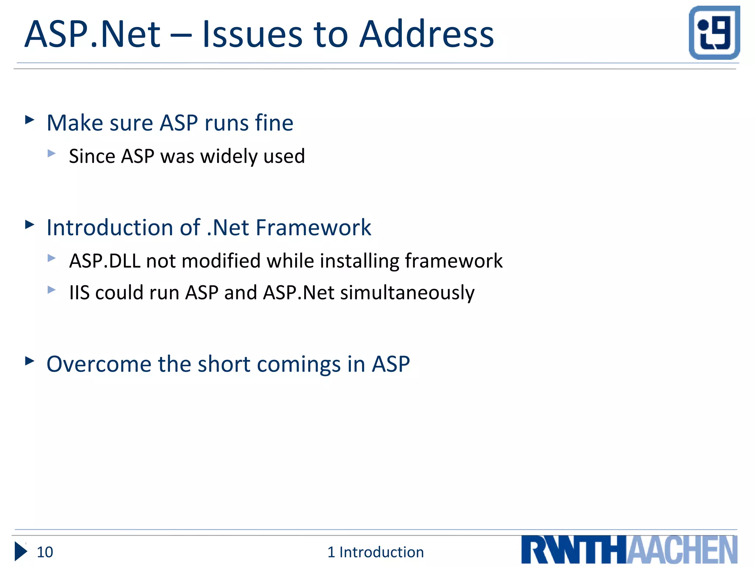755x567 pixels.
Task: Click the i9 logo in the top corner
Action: click(x=714, y=32)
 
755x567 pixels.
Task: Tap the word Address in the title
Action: click(x=426, y=34)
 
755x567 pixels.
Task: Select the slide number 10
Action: click(x=45, y=552)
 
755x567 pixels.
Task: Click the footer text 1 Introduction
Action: click(x=375, y=552)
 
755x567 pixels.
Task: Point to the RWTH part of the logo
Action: click(x=574, y=550)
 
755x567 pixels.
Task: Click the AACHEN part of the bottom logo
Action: click(x=682, y=550)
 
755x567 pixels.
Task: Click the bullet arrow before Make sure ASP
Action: click(x=29, y=120)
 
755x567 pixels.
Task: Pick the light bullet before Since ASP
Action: click(x=52, y=153)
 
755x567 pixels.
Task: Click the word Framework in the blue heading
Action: click(x=313, y=227)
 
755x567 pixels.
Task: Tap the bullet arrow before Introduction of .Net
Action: click(x=29, y=224)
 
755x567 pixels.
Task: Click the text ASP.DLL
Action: click(x=105, y=261)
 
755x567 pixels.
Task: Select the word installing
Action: click(x=359, y=261)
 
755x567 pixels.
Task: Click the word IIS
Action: click(x=79, y=293)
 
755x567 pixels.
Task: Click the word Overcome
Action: click(x=99, y=364)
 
